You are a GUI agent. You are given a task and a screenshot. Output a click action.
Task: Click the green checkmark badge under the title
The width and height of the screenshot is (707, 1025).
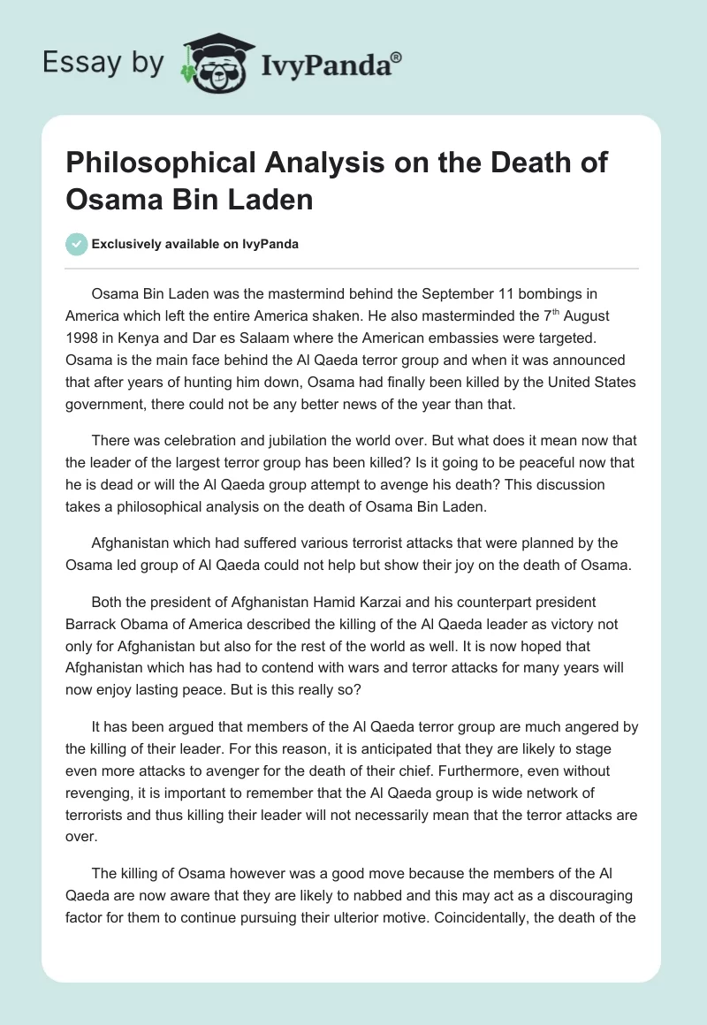[77, 244]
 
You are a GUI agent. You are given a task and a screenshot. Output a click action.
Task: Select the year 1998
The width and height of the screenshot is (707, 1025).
[83, 338]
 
